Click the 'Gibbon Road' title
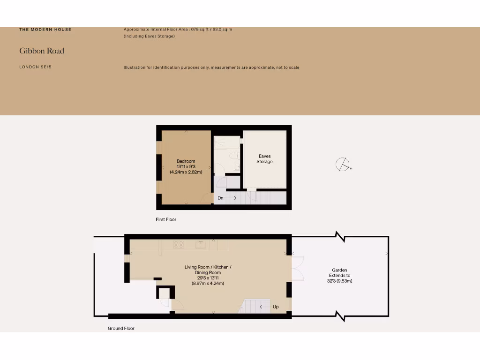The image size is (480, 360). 42,51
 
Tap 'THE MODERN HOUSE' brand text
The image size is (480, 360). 45,30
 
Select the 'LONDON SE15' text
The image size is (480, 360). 35,67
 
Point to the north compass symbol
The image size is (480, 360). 343,165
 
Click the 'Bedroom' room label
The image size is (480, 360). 186,161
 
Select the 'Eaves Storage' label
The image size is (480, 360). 264,159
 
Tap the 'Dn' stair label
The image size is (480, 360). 220,198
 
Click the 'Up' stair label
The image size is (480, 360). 276,307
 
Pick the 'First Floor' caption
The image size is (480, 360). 166,219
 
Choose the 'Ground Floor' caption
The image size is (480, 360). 121,329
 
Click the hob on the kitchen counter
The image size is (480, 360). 179,244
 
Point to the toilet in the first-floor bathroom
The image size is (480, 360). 234,155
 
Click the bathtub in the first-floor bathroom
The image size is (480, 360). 227,142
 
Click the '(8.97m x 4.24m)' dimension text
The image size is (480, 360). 208,283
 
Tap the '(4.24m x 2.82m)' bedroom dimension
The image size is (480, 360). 186,172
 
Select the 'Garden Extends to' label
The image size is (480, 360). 340,273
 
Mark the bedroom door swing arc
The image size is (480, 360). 206,199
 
